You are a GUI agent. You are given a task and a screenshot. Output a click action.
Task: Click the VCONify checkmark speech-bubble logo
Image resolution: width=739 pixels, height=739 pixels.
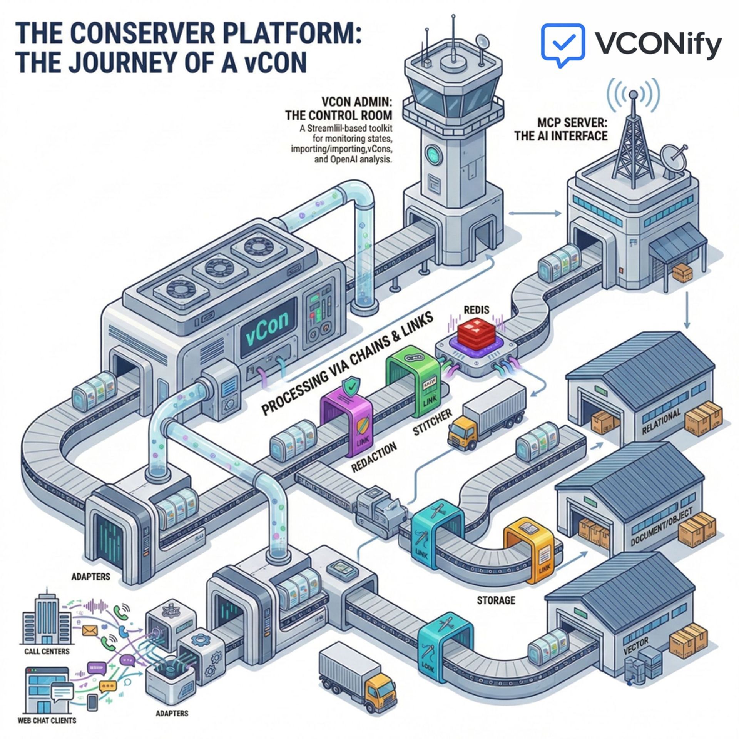[563, 43]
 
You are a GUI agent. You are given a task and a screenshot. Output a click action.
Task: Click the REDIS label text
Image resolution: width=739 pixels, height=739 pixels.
[477, 309]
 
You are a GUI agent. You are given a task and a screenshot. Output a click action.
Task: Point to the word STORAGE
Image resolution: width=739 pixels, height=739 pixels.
[496, 610]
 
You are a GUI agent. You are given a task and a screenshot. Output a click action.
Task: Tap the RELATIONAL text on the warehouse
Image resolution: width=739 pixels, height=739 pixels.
[662, 422]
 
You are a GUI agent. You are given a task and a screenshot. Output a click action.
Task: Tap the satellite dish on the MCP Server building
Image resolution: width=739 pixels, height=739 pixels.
[673, 159]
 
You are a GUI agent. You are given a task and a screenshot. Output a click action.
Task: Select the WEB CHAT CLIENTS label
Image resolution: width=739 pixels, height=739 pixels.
[47, 720]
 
